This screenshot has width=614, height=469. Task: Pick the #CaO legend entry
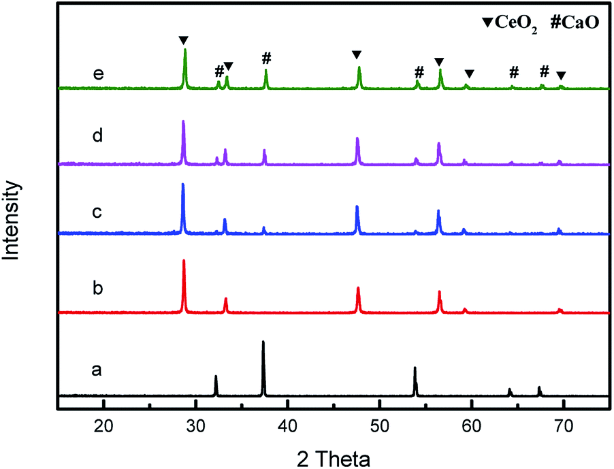tap(569, 14)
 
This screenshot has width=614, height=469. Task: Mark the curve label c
tap(97, 212)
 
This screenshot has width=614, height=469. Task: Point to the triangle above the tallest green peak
tap(182, 39)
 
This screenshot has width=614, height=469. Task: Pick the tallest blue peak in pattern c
tap(182, 186)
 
